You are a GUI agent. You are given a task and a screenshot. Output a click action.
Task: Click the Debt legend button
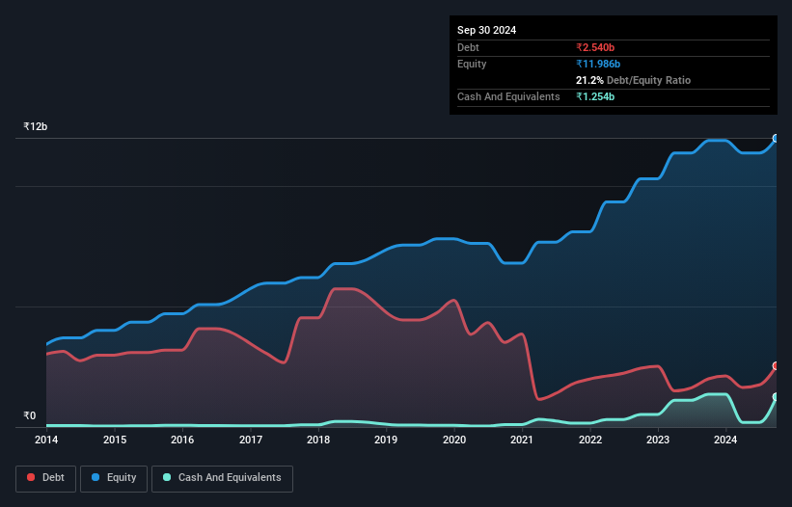(45, 478)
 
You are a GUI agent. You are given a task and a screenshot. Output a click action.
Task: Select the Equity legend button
(114, 478)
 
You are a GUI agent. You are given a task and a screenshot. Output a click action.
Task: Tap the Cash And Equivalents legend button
(222, 478)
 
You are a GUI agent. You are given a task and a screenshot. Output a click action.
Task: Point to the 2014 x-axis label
(46, 440)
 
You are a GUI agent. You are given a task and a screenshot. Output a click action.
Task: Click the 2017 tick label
(251, 440)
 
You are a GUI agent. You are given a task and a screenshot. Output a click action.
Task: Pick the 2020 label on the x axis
(454, 440)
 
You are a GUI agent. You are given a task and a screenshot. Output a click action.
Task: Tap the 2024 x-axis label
(725, 440)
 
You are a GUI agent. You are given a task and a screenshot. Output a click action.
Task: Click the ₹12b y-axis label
(36, 127)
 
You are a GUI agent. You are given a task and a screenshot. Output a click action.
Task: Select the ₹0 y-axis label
(29, 416)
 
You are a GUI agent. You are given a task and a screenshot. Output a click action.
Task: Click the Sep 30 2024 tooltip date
(486, 30)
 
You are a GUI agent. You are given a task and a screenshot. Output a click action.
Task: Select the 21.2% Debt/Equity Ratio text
(633, 80)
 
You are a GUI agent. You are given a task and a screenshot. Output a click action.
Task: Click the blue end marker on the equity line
(775, 139)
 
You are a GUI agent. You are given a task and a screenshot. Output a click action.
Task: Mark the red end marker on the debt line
(775, 366)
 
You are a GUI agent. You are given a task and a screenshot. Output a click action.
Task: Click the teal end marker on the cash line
(775, 397)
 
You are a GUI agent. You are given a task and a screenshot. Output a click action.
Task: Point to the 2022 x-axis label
(590, 440)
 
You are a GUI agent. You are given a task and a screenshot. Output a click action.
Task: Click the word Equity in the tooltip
(473, 64)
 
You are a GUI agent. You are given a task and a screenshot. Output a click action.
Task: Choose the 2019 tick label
(386, 440)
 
